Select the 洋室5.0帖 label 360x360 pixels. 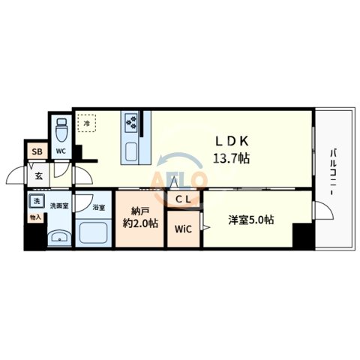click(x=250, y=220)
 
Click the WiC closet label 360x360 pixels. click(x=183, y=229)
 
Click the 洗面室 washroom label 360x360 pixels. click(x=59, y=205)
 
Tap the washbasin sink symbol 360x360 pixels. click(x=56, y=238)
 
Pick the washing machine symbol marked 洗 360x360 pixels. click(x=34, y=201)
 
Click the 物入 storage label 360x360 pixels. click(x=34, y=217)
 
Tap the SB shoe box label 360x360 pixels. click(x=36, y=151)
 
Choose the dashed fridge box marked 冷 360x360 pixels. click(x=86, y=123)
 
